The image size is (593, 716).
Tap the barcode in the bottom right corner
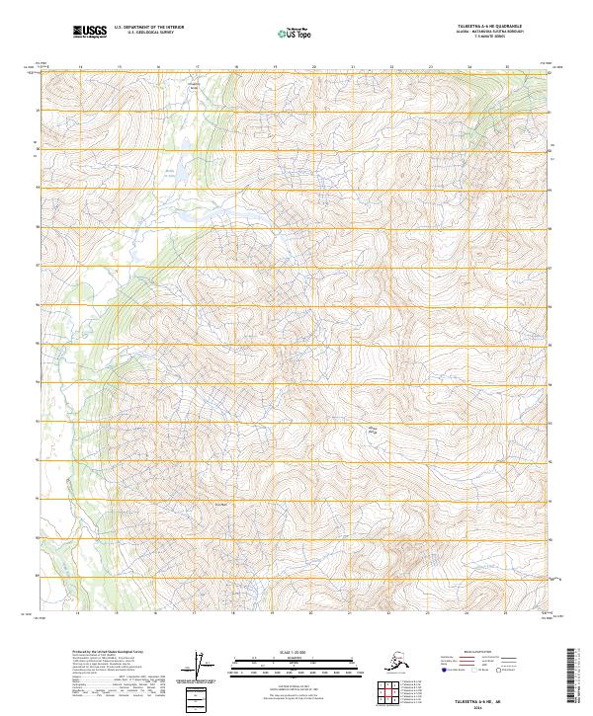pyautogui.click(x=575, y=676)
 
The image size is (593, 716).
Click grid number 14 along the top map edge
pyautogui.click(x=80, y=66)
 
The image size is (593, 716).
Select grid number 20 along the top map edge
pyautogui.click(x=313, y=66)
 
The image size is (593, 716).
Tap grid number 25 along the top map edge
pyautogui.click(x=507, y=66)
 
